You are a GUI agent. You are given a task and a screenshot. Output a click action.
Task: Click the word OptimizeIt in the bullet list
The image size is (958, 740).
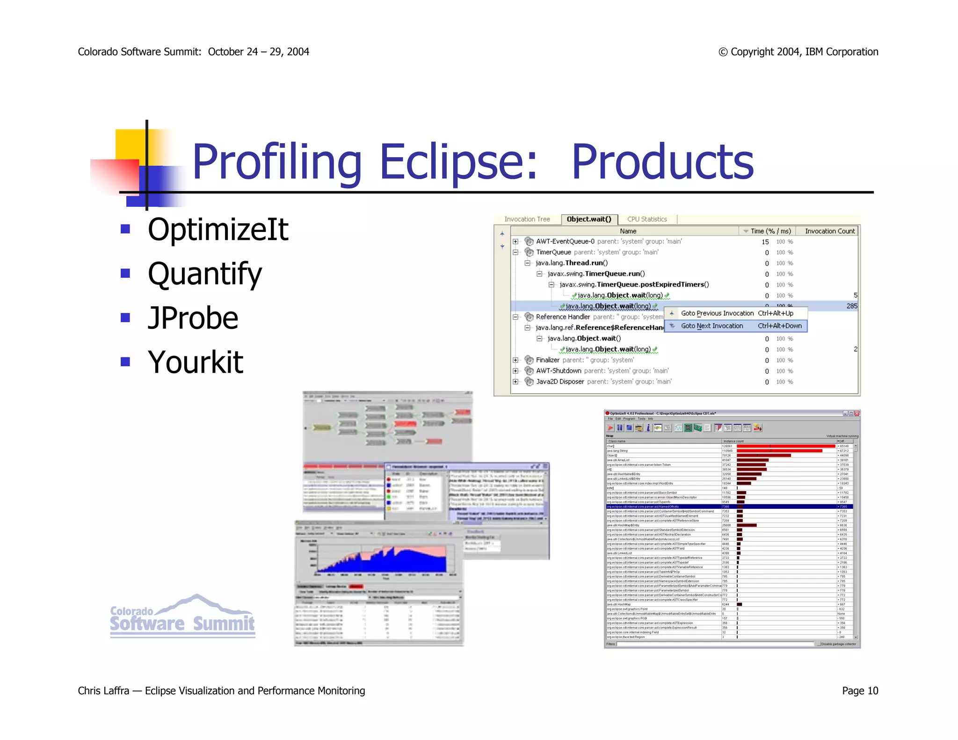(218, 230)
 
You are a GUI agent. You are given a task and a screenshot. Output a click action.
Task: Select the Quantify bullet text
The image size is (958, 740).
(204, 274)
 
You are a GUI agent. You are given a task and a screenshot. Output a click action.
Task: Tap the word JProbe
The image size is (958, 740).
(193, 318)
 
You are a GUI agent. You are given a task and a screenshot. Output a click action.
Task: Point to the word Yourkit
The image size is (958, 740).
(196, 362)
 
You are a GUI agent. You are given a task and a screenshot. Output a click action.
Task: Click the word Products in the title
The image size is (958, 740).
(662, 162)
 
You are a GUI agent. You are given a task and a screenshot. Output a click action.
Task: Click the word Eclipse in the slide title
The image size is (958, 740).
(458, 162)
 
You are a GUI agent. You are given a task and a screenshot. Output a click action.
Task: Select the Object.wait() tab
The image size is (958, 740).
(589, 219)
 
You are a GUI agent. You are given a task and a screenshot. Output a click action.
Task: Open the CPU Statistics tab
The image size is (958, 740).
(647, 219)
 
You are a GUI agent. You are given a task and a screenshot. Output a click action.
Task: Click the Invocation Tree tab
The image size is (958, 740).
(527, 219)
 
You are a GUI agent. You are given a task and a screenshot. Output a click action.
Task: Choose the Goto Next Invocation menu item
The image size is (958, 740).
(711, 326)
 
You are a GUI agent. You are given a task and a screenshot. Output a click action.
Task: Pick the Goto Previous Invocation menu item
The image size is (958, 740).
(717, 313)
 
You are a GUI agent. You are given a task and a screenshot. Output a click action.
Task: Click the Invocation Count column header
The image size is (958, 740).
(829, 231)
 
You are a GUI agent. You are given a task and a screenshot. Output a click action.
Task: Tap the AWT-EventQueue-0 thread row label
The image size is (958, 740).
(565, 241)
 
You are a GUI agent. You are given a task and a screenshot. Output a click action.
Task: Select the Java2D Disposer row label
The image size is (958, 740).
(560, 382)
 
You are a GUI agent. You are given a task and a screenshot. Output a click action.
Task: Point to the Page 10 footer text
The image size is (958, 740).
(860, 690)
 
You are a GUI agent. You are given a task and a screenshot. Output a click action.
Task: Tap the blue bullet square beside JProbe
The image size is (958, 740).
(125, 318)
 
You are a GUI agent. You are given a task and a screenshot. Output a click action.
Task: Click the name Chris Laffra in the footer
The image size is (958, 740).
(103, 690)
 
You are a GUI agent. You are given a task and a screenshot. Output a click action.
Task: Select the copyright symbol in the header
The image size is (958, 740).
(723, 52)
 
